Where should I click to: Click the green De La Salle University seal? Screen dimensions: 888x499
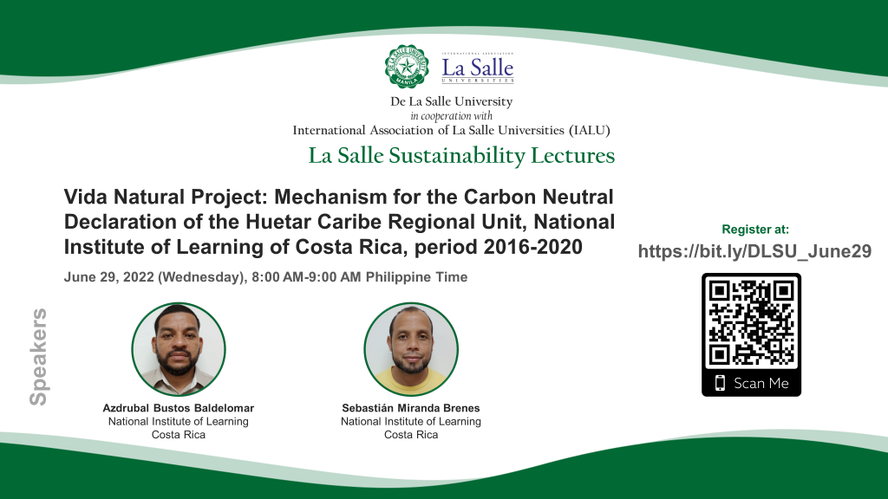pyautogui.click(x=407, y=66)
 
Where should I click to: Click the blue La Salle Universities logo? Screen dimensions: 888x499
pyautogui.click(x=478, y=68)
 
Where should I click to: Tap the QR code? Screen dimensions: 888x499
pyautogui.click(x=751, y=323)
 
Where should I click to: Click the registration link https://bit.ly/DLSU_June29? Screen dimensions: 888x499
pyautogui.click(x=754, y=250)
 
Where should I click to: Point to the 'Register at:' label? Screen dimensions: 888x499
pyautogui.click(x=755, y=229)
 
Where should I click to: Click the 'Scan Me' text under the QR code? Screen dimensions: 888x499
pyautogui.click(x=761, y=383)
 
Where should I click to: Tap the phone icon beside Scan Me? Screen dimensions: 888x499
pyautogui.click(x=720, y=383)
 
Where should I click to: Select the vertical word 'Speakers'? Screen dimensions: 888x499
pyautogui.click(x=38, y=357)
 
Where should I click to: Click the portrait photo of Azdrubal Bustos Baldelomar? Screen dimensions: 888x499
pyautogui.click(x=179, y=349)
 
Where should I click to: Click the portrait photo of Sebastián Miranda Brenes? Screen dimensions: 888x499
pyautogui.click(x=411, y=349)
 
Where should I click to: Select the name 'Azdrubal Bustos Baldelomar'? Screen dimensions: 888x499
pyautogui.click(x=179, y=408)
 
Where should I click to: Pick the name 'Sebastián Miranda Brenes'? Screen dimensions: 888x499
pyautogui.click(x=410, y=408)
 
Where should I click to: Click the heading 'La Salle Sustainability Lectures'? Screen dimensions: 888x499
pyautogui.click(x=461, y=156)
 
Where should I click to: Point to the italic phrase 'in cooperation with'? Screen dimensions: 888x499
pyautogui.click(x=451, y=116)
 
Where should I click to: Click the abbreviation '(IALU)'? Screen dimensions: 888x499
pyautogui.click(x=590, y=130)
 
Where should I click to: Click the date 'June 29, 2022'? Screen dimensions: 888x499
pyautogui.click(x=108, y=277)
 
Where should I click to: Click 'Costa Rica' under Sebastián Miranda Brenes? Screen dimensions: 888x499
pyautogui.click(x=411, y=435)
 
